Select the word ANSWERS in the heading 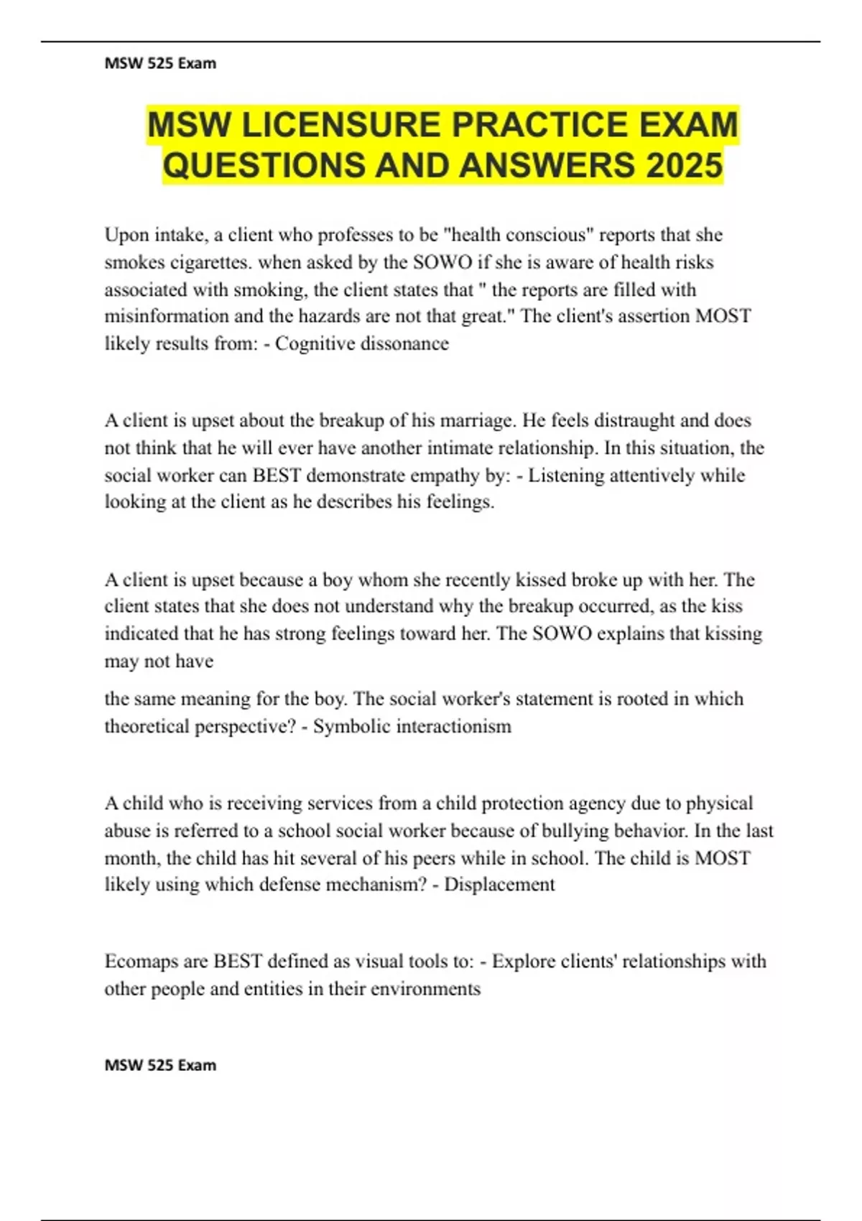pos(546,166)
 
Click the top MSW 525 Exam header pos(160,63)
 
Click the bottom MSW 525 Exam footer pos(160,1065)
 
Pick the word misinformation pos(164,317)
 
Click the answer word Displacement pos(499,884)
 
